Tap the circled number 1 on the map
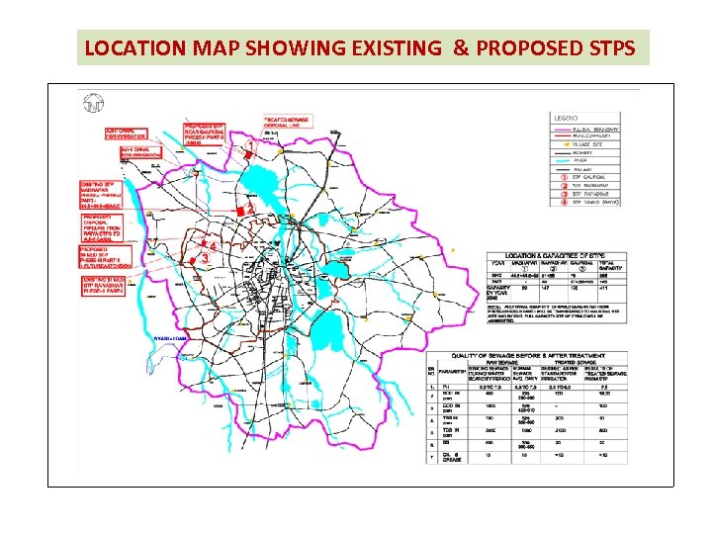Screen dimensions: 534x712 (250, 146)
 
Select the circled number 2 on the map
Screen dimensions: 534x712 (250, 210)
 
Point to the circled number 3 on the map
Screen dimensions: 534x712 (205, 258)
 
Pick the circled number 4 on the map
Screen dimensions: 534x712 (212, 245)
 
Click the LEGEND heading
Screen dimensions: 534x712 (565, 116)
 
